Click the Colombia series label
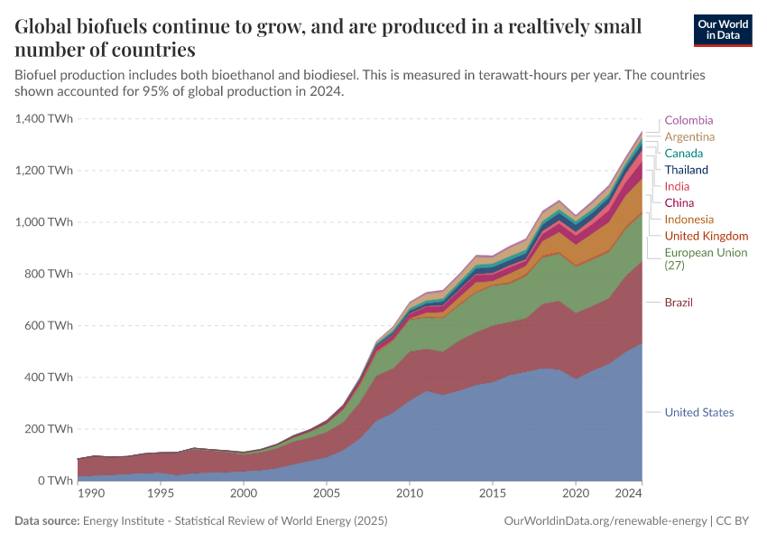point(688,120)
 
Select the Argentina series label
point(689,136)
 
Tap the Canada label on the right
point(683,154)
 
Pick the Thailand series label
point(686,170)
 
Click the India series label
point(677,186)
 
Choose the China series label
point(679,202)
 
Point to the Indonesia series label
point(688,220)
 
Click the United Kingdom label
point(706,236)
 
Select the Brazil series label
point(679,302)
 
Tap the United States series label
point(698,413)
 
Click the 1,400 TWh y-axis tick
point(44,118)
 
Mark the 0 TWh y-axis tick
point(55,481)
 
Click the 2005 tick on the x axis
point(327,494)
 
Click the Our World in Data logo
point(722,30)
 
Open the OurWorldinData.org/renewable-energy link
point(604,521)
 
